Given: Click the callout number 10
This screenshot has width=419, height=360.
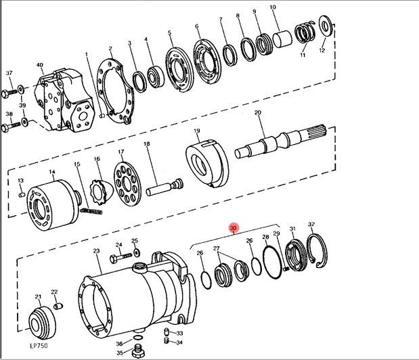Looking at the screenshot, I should coord(273,8).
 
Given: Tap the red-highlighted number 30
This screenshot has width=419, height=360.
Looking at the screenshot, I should coord(234,229).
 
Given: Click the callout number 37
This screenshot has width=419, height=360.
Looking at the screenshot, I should coord(9,73).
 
